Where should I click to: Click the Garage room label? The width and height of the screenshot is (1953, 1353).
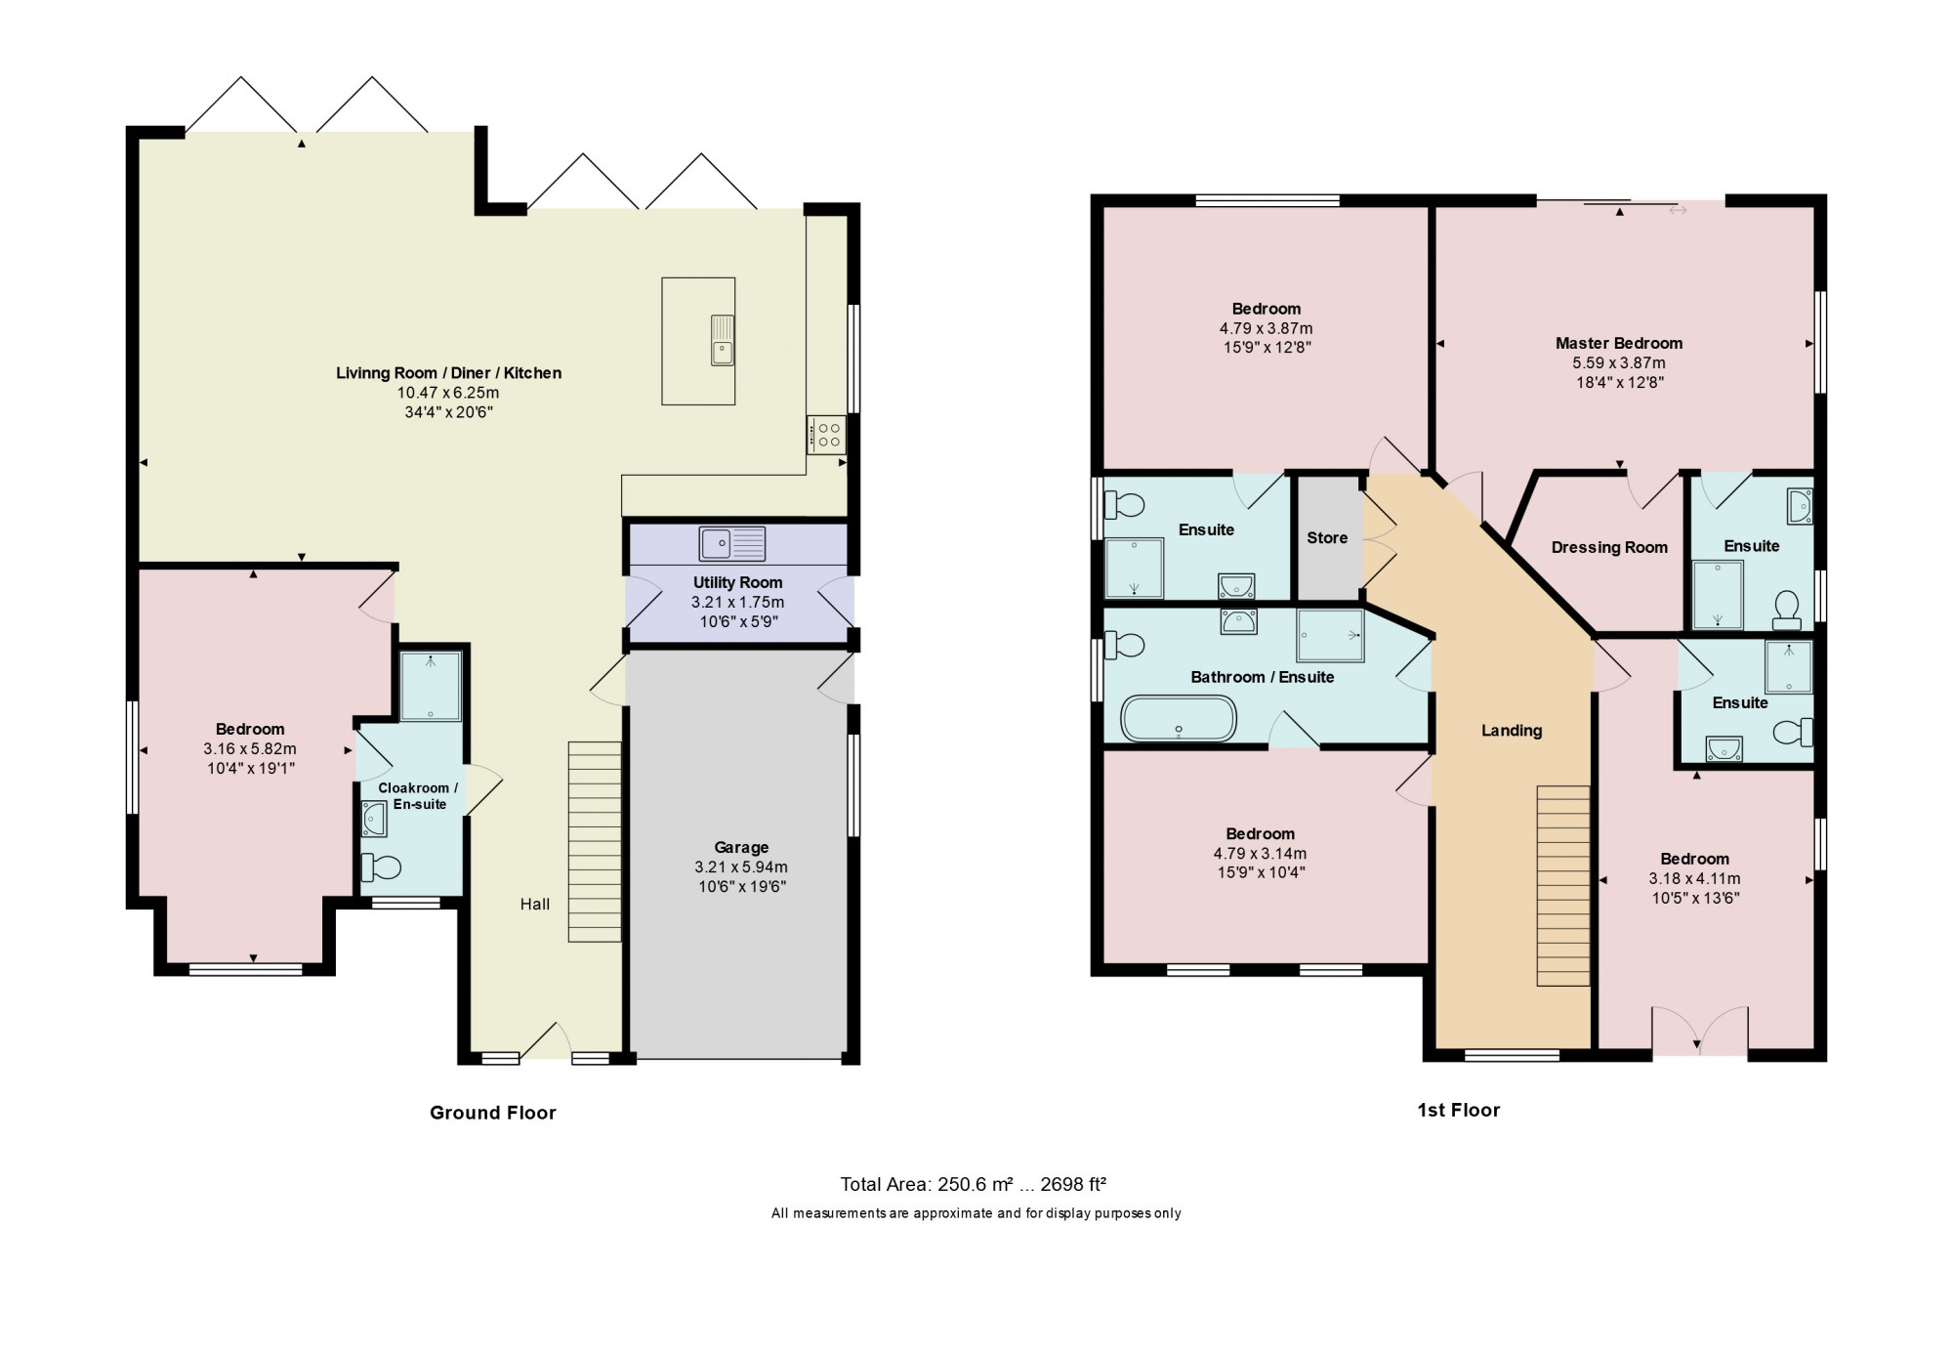click(x=741, y=848)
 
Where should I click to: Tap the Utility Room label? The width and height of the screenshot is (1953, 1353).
click(x=737, y=582)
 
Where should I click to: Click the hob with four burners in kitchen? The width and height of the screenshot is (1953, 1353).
click(x=826, y=435)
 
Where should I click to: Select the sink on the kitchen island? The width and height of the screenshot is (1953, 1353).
click(x=722, y=340)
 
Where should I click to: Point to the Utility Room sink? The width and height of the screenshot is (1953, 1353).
click(x=731, y=543)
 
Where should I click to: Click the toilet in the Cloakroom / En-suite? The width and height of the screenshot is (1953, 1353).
click(x=381, y=867)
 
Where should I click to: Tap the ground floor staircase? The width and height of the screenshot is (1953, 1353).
click(x=595, y=841)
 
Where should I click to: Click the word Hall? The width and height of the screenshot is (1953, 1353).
click(x=535, y=905)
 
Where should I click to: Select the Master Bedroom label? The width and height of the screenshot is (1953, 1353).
click(x=1619, y=343)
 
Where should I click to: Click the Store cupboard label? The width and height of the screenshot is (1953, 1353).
click(x=1327, y=538)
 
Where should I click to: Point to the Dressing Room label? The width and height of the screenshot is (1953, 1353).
click(x=1609, y=548)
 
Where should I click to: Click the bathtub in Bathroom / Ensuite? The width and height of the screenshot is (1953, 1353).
click(x=1179, y=718)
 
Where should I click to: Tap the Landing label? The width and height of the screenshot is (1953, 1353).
click(x=1512, y=731)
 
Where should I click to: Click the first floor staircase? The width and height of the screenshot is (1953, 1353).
click(x=1563, y=885)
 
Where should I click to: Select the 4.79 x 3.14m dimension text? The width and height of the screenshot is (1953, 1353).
click(x=1260, y=854)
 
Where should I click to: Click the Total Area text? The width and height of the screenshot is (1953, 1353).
click(x=973, y=1185)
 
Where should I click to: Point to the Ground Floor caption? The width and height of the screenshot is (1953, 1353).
click(x=493, y=1113)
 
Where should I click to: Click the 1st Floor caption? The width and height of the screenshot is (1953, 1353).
click(x=1459, y=1110)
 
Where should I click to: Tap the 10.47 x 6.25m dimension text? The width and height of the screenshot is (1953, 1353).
click(x=448, y=393)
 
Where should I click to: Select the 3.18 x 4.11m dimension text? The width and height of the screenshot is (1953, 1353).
click(x=1694, y=879)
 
